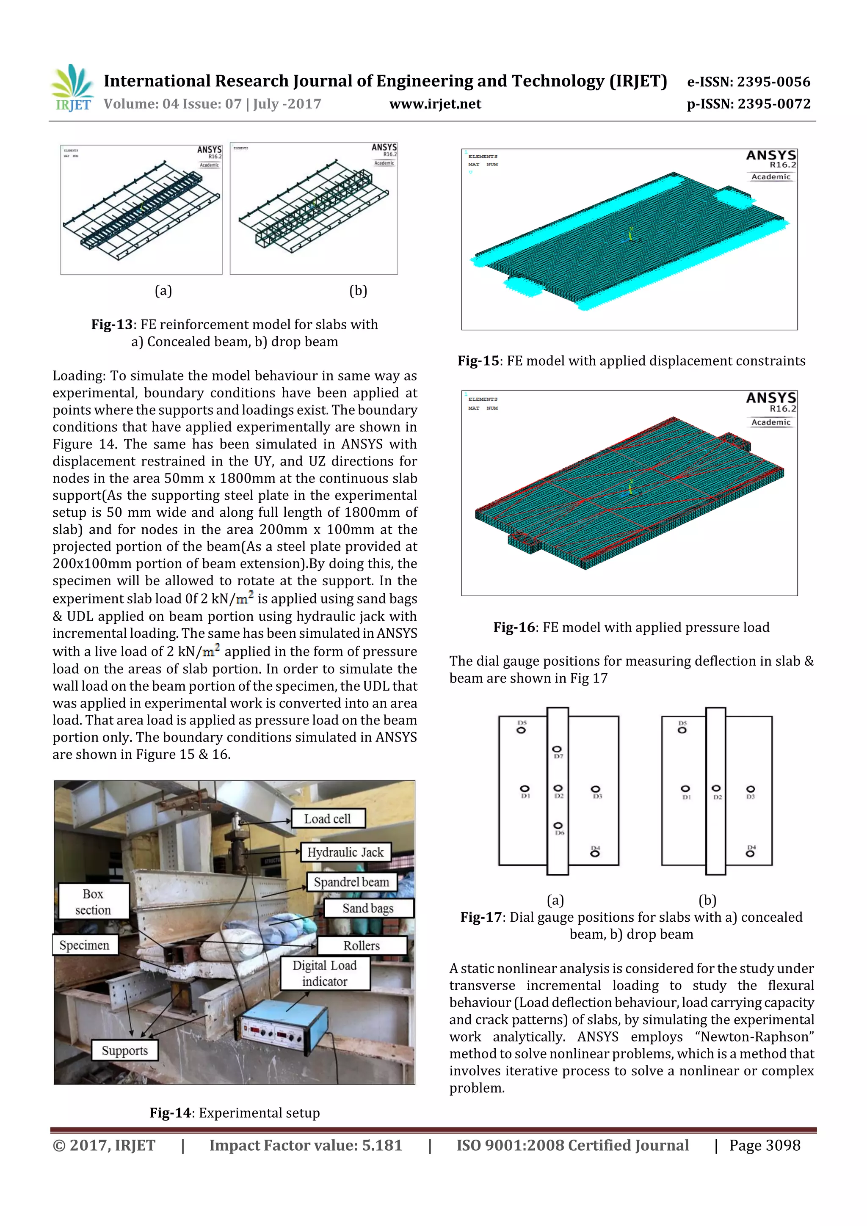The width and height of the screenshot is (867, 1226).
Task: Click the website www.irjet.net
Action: pyautogui.click(x=435, y=104)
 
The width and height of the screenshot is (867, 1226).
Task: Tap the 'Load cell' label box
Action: pyautogui.click(x=328, y=818)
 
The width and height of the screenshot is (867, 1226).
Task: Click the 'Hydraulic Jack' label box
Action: pyautogui.click(x=345, y=852)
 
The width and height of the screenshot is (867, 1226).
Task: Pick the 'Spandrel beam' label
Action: pyautogui.click(x=351, y=882)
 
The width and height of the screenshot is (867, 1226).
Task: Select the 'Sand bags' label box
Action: pyautogui.click(x=367, y=908)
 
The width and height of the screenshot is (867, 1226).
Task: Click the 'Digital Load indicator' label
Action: pyautogui.click(x=324, y=973)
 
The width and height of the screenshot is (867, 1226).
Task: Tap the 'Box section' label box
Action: pyautogui.click(x=93, y=901)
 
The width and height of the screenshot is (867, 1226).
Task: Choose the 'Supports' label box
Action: pyautogui.click(x=124, y=1050)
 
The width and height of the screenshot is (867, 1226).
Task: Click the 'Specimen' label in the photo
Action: pyautogui.click(x=84, y=945)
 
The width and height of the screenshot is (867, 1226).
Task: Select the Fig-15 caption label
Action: pyautogui.click(x=478, y=361)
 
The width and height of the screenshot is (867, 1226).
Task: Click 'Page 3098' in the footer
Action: pyautogui.click(x=765, y=1145)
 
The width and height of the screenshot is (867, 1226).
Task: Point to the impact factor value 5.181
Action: pyautogui.click(x=381, y=1145)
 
